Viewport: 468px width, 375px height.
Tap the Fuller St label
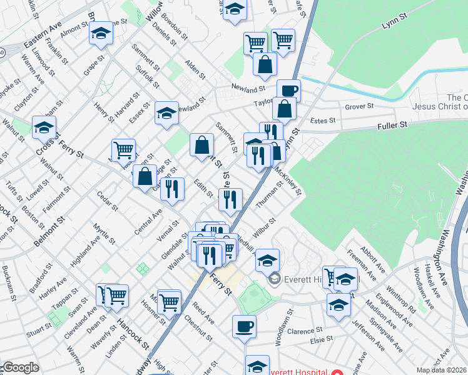coord(393,125)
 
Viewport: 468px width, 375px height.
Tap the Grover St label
coord(359,106)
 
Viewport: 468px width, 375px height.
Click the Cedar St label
coord(103,201)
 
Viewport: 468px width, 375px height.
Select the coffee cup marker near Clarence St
coord(244,326)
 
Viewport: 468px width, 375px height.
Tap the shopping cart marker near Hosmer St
coord(169,301)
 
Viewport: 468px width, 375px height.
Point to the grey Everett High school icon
coord(273,279)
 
